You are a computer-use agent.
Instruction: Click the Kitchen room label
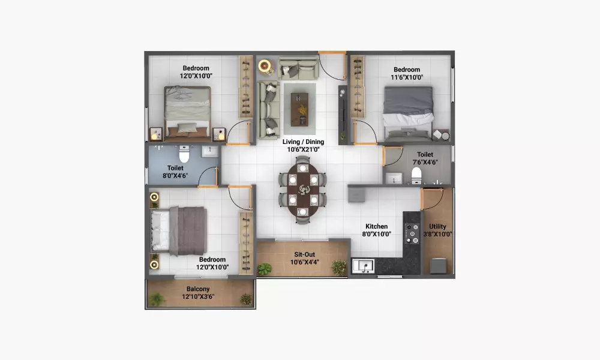pyautogui.click(x=377, y=226)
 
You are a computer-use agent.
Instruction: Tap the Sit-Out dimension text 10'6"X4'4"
pyautogui.click(x=305, y=262)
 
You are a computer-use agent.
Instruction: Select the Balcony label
pyautogui.click(x=198, y=289)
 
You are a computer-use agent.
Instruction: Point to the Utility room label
pyautogui.click(x=437, y=226)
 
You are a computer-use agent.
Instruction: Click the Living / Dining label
pyautogui.click(x=303, y=142)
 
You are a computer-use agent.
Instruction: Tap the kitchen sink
pyautogui.click(x=363, y=266)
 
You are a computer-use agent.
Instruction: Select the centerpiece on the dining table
pyautogui.click(x=304, y=190)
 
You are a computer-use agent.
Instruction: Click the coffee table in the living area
pyautogui.click(x=299, y=109)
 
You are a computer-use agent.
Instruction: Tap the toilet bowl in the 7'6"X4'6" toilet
pyautogui.click(x=416, y=176)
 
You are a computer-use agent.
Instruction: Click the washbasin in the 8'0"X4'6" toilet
pyautogui.click(x=209, y=151)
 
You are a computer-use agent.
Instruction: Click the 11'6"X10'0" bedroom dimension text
pyautogui.click(x=407, y=77)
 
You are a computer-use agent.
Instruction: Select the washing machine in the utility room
pyautogui.click(x=438, y=266)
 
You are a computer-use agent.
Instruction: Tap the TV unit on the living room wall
pyautogui.click(x=343, y=115)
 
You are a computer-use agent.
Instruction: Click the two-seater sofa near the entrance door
pyautogui.click(x=298, y=68)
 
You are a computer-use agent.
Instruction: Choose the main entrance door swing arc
pyautogui.click(x=328, y=71)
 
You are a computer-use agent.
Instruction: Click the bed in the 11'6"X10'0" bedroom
pyautogui.click(x=408, y=114)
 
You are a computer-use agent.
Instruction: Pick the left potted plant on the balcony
pyautogui.click(x=157, y=299)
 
